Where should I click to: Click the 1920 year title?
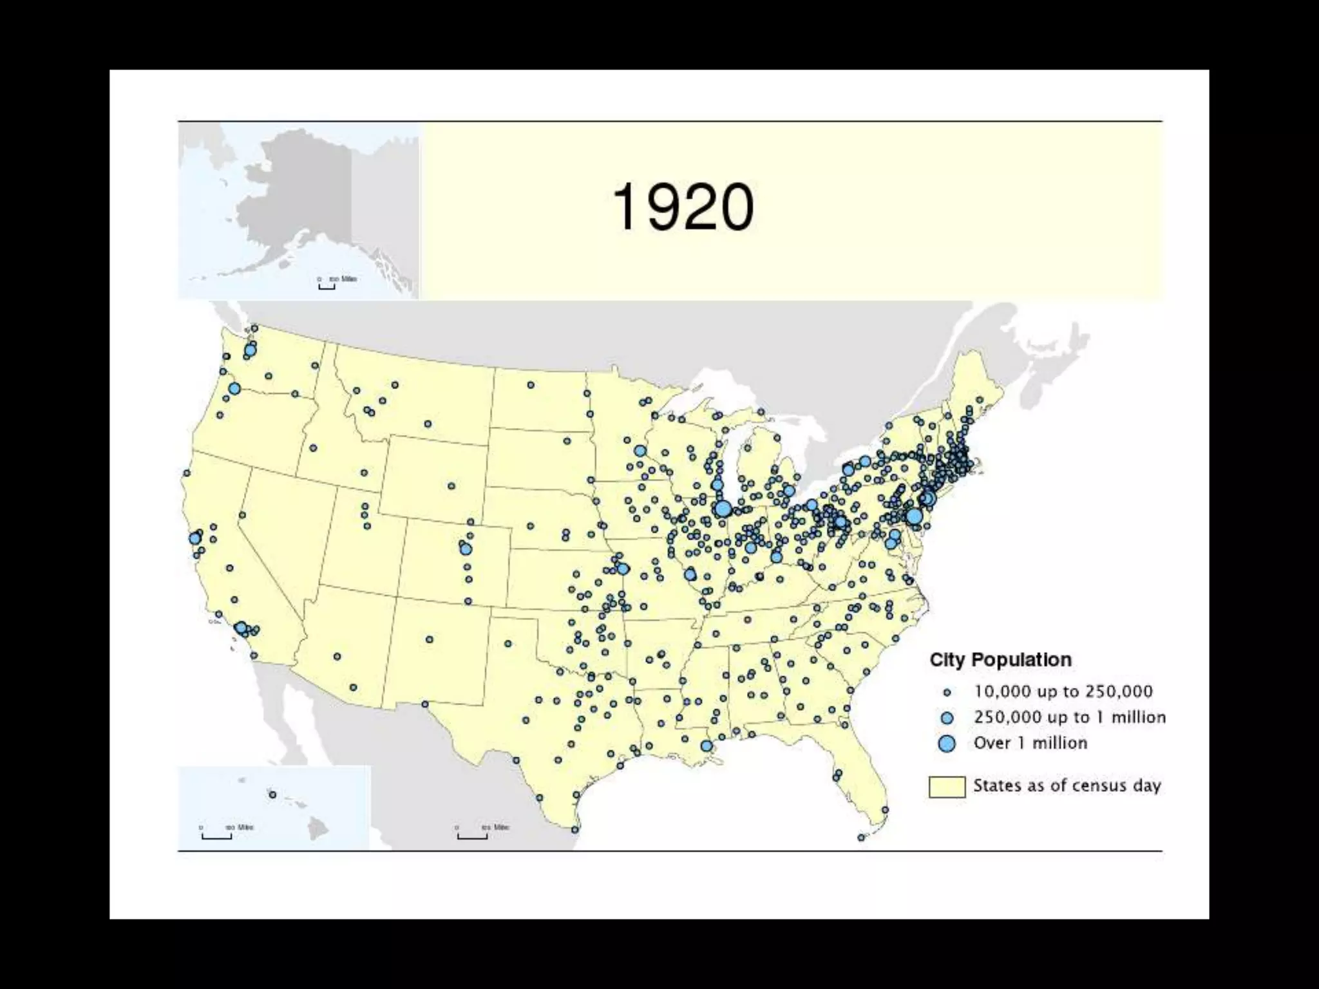point(683,207)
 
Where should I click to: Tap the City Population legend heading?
point(1000,660)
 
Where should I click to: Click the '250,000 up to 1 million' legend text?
point(1069,717)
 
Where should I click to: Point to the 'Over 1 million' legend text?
point(1030,743)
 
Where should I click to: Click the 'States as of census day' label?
point(1067,786)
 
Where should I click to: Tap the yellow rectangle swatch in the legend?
point(947,787)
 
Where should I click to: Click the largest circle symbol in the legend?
point(947,744)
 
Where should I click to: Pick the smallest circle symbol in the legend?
point(947,693)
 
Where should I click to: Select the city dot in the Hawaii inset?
point(272,795)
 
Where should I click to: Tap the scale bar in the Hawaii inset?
point(216,836)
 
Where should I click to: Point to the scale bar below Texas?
point(472,836)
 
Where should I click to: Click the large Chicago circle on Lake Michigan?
point(723,509)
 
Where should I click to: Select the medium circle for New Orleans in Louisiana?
point(707,746)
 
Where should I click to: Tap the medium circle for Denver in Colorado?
point(466,549)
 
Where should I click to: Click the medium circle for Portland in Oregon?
point(234,388)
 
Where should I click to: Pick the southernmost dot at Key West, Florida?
point(861,838)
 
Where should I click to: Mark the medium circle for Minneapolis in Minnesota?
point(640,451)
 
